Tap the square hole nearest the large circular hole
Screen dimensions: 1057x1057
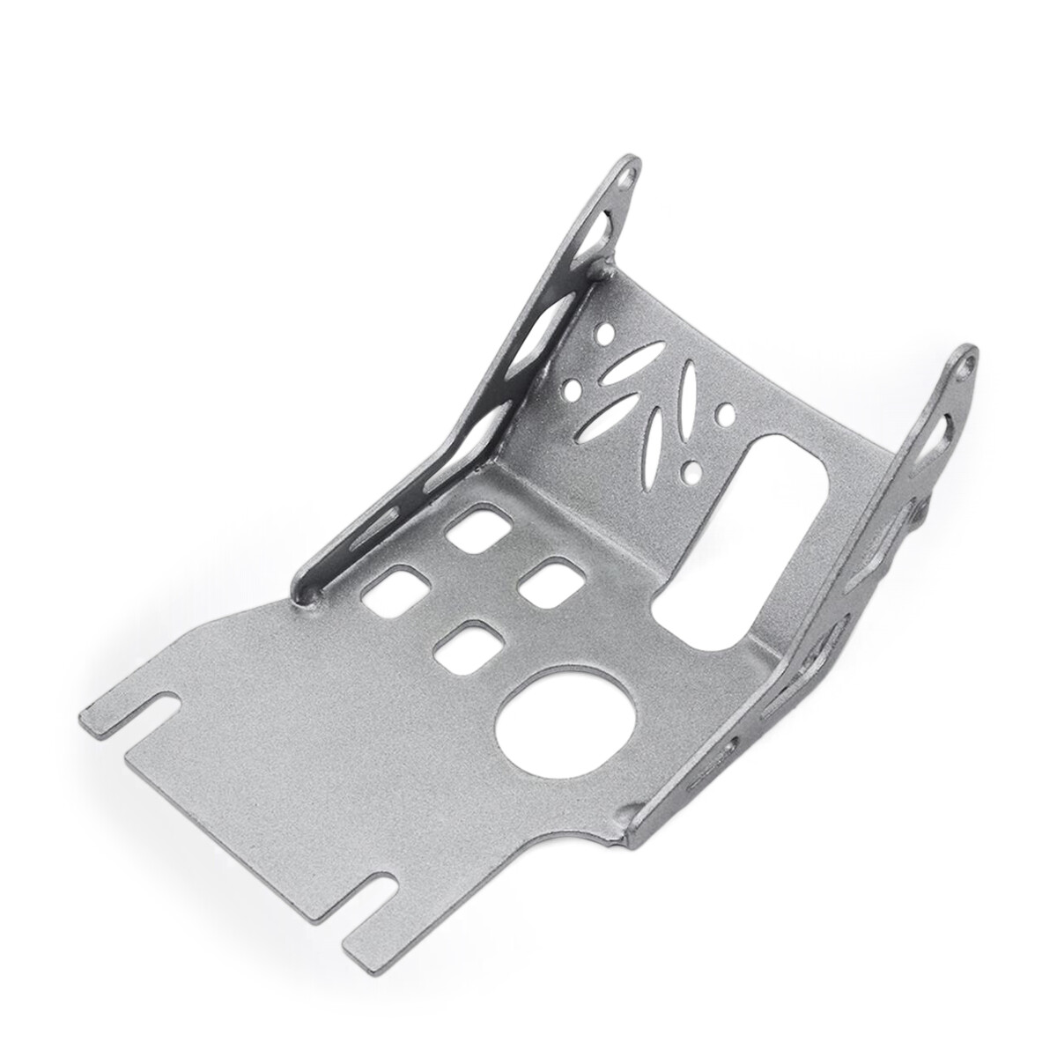pyautogui.click(x=465, y=649)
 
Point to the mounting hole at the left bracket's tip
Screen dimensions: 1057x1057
pyautogui.click(x=626, y=175)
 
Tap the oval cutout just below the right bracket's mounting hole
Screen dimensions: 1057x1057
pyautogui.click(x=943, y=431)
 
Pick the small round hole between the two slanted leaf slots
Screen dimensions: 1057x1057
pyautogui.click(x=574, y=385)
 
